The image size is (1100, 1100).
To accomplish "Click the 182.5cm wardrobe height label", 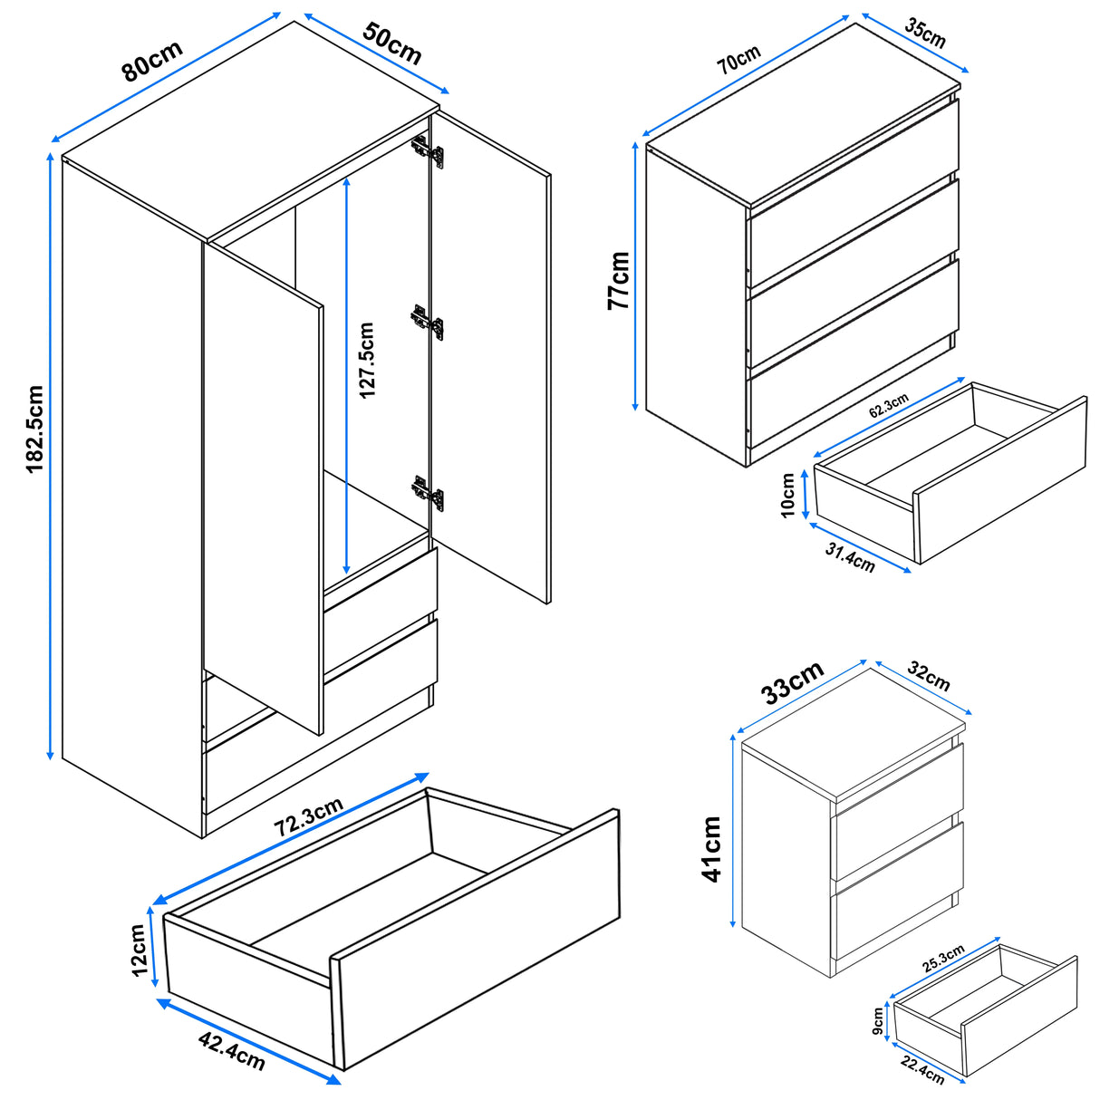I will (34, 429).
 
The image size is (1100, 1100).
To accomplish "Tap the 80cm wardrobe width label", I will (152, 61).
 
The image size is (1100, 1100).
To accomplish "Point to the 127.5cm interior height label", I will (366, 361).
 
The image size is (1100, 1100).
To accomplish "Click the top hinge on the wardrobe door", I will (428, 150).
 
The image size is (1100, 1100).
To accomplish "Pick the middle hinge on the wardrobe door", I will (428, 320).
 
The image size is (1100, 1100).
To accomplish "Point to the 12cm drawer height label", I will (140, 950).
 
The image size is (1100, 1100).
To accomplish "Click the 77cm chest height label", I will (619, 281).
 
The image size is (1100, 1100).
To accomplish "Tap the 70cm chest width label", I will (738, 60).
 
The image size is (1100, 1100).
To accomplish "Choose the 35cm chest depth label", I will (925, 34).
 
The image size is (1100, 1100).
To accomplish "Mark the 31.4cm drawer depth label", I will (850, 558).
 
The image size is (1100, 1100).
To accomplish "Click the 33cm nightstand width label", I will (792, 682).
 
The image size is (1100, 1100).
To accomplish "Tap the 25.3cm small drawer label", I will (943, 959).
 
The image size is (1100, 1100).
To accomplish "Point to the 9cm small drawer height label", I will (878, 1019).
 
